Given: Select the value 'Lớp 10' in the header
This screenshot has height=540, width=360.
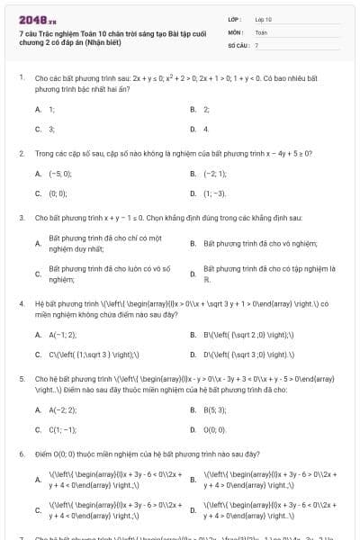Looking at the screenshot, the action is coord(264,18).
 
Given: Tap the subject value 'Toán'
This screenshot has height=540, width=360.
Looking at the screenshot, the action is coord(261,31).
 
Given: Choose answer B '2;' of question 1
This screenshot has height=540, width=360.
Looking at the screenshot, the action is coord(206,109).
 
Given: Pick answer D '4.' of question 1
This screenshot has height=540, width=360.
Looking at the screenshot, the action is coord(206,129).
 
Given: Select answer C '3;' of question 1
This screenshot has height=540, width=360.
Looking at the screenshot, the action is coord(51,129).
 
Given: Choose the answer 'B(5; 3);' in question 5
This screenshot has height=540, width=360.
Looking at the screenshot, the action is coord(214,409).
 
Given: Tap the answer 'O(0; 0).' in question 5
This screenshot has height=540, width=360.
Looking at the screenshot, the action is coord(215,429).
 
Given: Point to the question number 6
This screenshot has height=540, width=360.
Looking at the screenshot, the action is coord(21,454).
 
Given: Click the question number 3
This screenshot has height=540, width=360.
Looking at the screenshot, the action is coord(21,218).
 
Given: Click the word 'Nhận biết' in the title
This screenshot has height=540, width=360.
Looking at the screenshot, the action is coord(99,41).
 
